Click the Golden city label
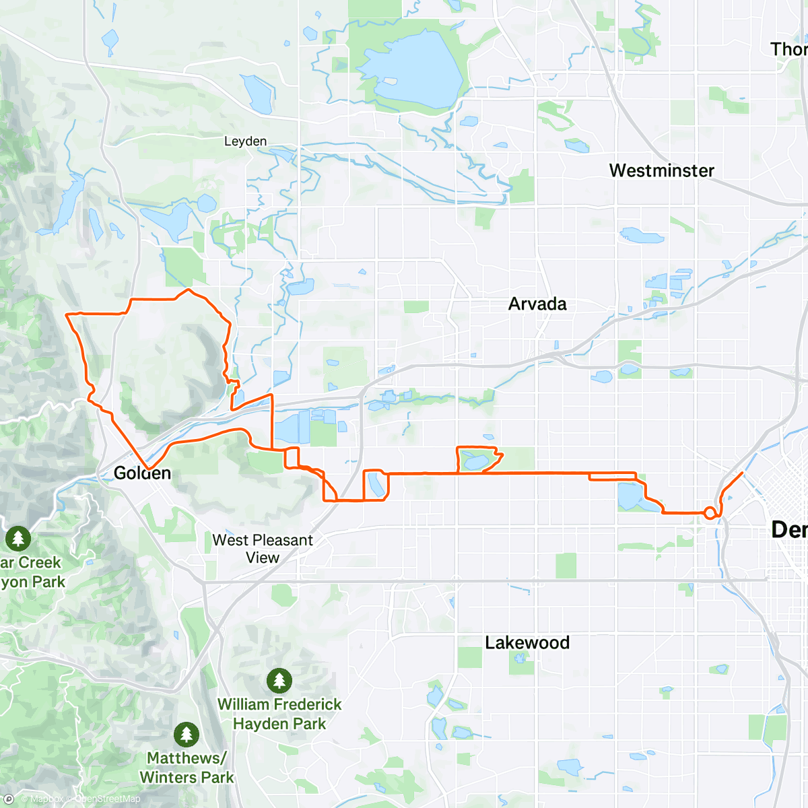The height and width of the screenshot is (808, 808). (x=142, y=473)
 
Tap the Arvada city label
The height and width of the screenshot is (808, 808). (x=537, y=304)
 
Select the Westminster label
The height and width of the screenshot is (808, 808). (x=661, y=171)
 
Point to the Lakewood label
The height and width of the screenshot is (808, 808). (x=527, y=643)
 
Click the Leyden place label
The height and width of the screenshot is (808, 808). (x=245, y=141)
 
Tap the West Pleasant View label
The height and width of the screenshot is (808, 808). (x=263, y=549)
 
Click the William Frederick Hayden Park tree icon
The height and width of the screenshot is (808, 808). (x=279, y=681)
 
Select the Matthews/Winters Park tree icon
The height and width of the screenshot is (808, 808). (x=186, y=735)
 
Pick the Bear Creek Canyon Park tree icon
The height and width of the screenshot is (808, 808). (x=18, y=539)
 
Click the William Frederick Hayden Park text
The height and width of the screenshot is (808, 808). (x=279, y=714)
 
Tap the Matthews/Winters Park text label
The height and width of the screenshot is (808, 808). (x=187, y=768)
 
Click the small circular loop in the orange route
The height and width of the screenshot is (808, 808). (x=709, y=513)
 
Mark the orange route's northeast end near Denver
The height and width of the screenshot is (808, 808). (x=742, y=473)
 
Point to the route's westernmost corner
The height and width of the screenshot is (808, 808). (x=66, y=314)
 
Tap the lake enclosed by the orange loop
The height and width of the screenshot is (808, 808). (x=476, y=462)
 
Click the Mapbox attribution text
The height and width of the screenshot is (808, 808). (x=45, y=799)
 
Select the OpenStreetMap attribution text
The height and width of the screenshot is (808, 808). (x=107, y=799)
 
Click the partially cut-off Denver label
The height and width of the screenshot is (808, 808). (x=788, y=529)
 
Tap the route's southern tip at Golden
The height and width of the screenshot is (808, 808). (x=148, y=469)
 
